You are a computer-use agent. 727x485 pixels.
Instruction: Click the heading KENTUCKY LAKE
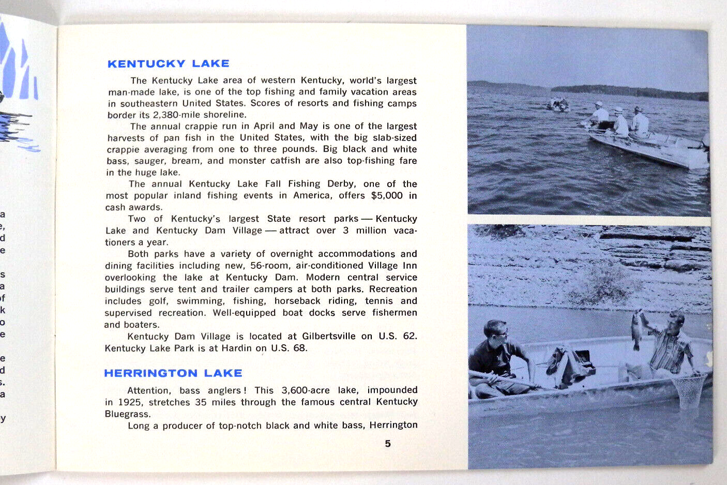coord(168,64)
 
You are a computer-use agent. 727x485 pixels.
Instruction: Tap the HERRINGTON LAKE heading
coord(173,373)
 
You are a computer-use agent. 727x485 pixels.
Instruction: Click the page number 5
coord(388,443)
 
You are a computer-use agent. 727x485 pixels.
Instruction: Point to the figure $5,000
coord(387,195)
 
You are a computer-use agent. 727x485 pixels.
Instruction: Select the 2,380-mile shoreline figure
coord(176,115)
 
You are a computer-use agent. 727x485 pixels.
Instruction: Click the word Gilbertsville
coord(329,336)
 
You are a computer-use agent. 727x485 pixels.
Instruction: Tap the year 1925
coord(130,402)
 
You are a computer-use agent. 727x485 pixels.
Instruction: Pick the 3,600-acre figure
coord(306,390)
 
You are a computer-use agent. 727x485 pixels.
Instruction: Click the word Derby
coord(342,184)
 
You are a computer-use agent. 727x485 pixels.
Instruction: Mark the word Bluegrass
coord(128,414)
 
